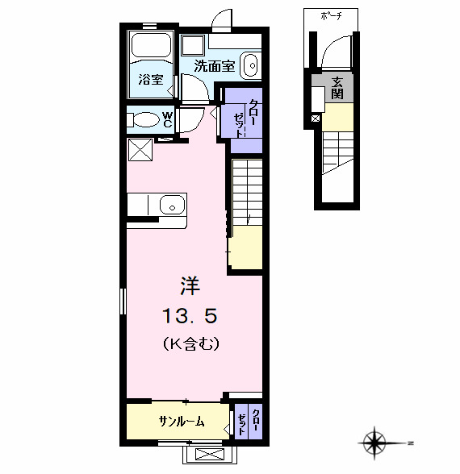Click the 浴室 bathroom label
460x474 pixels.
[151, 80]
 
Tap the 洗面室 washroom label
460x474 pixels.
[215, 66]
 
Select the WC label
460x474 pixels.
[167, 119]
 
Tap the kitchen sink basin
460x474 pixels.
[172, 205]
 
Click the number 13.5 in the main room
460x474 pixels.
[190, 316]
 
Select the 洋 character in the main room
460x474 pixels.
[190, 286]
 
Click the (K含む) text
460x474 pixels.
[191, 343]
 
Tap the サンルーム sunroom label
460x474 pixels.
[182, 421]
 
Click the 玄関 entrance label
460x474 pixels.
[337, 88]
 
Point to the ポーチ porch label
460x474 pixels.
[331, 16]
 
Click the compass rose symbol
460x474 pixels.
[375, 443]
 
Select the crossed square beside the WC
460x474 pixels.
[140, 149]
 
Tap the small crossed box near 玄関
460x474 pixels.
[316, 118]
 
